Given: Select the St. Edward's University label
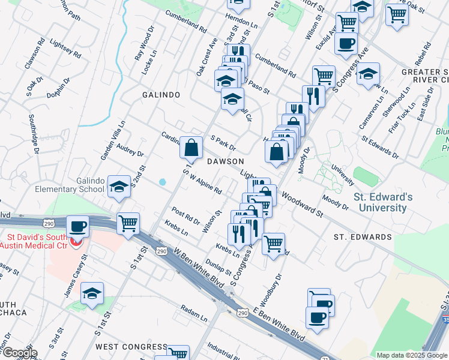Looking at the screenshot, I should pyautogui.click(x=382, y=202).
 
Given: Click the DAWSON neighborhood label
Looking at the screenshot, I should pyautogui.click(x=225, y=161).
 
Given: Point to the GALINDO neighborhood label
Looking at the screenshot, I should pyautogui.click(x=161, y=95).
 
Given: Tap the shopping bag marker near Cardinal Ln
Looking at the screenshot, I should pyautogui.click(x=191, y=147).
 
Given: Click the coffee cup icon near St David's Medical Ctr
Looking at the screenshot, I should pyautogui.click(x=78, y=227).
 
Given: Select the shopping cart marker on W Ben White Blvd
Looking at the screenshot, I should pyautogui.click(x=128, y=224).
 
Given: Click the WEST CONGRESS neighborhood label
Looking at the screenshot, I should pyautogui.click(x=131, y=347).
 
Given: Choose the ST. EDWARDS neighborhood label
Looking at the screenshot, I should pyautogui.click(x=363, y=237).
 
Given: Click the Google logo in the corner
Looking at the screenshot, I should pyautogui.click(x=19, y=352).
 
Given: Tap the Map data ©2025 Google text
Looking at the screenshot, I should pyautogui.click(x=411, y=355).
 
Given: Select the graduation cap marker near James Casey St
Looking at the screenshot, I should pyautogui.click(x=92, y=293).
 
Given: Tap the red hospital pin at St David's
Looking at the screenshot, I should pyautogui.click(x=74, y=242).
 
